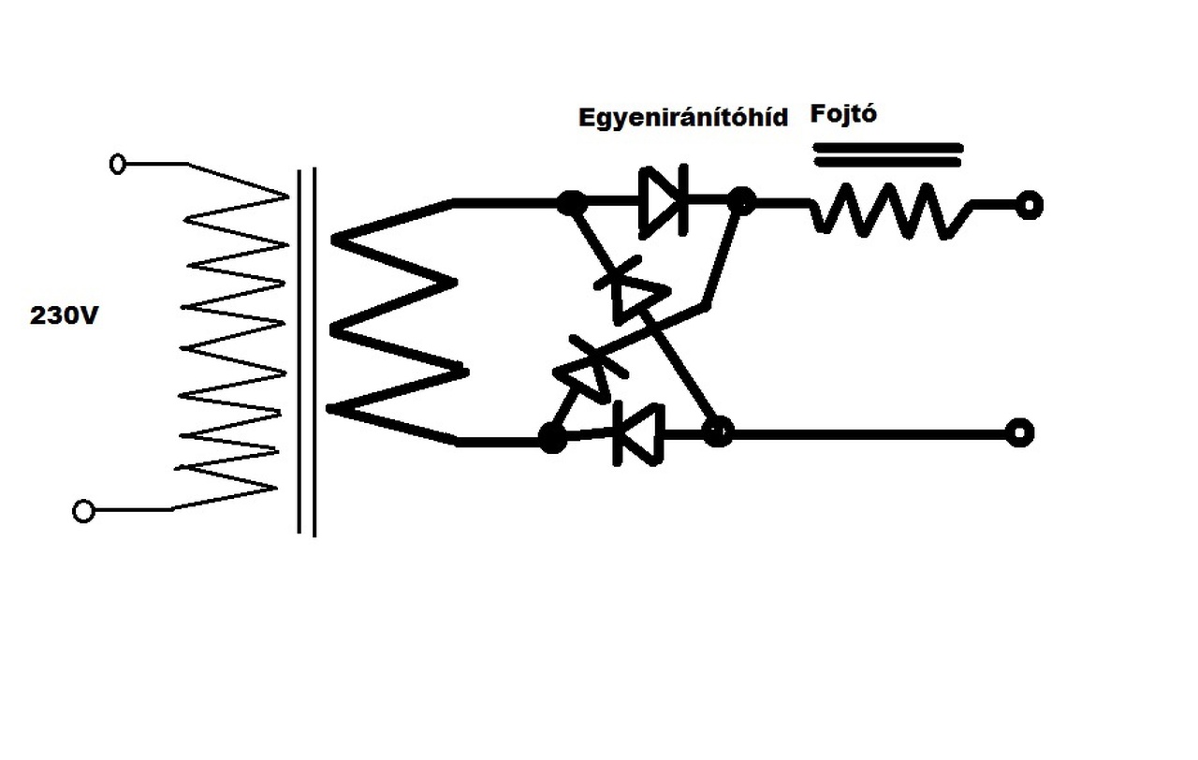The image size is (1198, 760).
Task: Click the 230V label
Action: (x=65, y=316)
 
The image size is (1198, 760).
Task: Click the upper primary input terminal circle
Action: (x=118, y=165)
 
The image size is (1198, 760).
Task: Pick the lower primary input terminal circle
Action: (x=84, y=511)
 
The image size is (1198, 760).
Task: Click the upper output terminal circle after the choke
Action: (x=1030, y=205)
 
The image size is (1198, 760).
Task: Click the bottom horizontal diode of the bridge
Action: (x=639, y=433)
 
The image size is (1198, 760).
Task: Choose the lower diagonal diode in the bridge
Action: (x=583, y=370)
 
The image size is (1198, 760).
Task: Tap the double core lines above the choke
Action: (x=887, y=153)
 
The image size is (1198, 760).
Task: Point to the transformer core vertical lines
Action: (x=306, y=351)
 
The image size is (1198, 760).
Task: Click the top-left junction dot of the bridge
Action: (x=571, y=202)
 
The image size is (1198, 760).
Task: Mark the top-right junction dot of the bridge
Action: (x=742, y=200)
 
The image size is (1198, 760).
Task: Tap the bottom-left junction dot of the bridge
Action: (x=553, y=437)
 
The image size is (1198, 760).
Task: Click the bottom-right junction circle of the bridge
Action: (x=718, y=432)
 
